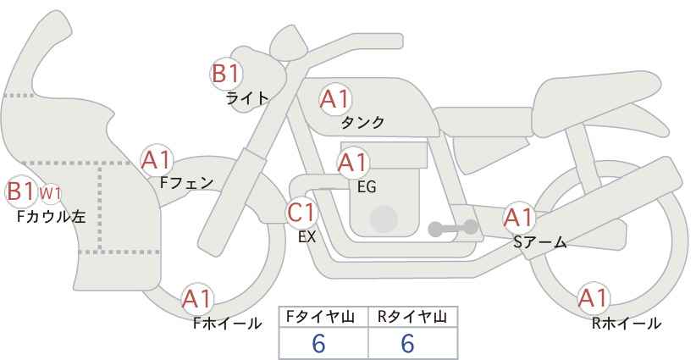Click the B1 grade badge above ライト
click(x=226, y=73)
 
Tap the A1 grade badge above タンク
click(x=335, y=99)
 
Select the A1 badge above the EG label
click(x=353, y=163)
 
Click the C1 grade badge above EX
click(x=301, y=213)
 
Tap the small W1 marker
click(x=50, y=194)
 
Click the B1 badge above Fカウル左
click(x=21, y=191)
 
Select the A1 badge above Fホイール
click(x=197, y=299)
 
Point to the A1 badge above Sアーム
click(x=518, y=218)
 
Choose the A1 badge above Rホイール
click(x=593, y=298)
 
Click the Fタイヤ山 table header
click(x=320, y=317)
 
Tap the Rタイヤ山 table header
click(x=412, y=317)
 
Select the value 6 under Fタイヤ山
click(x=318, y=343)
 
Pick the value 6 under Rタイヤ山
click(x=407, y=343)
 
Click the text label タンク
click(x=362, y=123)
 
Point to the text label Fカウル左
click(x=51, y=217)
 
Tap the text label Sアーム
click(x=539, y=242)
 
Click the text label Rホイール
click(x=627, y=324)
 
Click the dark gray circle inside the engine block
click(x=384, y=219)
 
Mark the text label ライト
click(x=247, y=98)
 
